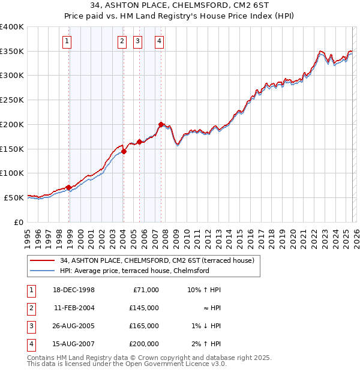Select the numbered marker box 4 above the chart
point(160,41)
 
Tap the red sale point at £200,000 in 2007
point(161,124)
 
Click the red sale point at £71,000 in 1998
point(69,187)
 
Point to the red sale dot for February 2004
point(124,151)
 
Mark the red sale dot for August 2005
point(140,142)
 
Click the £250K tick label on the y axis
point(11,100)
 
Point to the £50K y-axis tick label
point(14,197)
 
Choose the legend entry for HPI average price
point(134,271)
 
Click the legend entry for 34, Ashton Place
point(157,260)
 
